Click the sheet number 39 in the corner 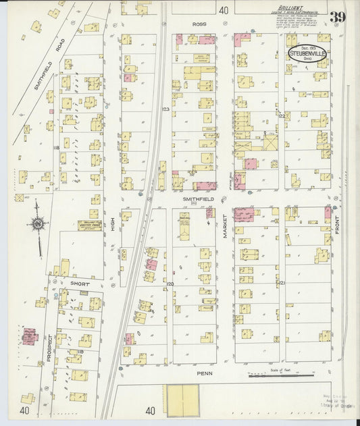[339, 18]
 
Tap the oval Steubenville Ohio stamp [306, 54]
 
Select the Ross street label [199, 24]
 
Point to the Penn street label [205, 372]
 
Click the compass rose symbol [37, 223]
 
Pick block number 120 [170, 284]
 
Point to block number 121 [282, 282]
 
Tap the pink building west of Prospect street [29, 336]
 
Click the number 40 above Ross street [224, 9]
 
